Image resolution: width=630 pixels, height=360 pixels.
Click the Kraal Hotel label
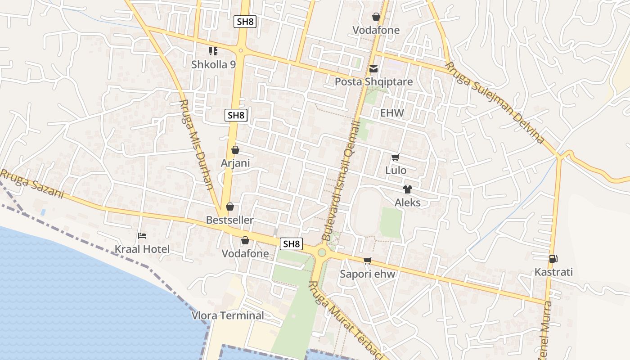[x=142, y=249]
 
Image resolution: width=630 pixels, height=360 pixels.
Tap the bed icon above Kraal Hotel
[x=142, y=235]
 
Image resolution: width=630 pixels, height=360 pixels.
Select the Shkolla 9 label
[x=213, y=64]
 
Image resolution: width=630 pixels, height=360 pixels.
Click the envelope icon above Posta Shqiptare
[x=373, y=69]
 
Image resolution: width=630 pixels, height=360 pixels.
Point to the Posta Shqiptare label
[x=373, y=82]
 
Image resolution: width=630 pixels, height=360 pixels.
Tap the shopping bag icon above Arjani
[x=235, y=150]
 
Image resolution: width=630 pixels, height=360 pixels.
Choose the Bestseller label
[x=229, y=220]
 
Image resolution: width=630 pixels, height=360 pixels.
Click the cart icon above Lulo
[x=396, y=157]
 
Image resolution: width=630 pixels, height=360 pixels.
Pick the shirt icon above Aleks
[x=407, y=189]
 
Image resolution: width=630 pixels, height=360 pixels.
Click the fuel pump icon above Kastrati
[x=553, y=259]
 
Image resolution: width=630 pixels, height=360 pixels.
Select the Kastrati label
[x=553, y=272]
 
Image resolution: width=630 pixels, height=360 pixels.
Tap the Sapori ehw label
[x=368, y=274]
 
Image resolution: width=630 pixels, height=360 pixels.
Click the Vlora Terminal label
[x=228, y=315]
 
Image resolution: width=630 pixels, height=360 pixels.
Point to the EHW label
[x=392, y=113]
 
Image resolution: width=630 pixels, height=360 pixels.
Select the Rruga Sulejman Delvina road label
[x=495, y=103]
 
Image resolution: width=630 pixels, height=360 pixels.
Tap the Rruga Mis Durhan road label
[x=196, y=144]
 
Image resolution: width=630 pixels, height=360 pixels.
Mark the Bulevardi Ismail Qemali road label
[x=342, y=180]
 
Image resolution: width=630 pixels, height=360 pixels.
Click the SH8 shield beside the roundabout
[x=291, y=244]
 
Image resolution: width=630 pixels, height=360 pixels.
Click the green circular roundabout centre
[x=321, y=252]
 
